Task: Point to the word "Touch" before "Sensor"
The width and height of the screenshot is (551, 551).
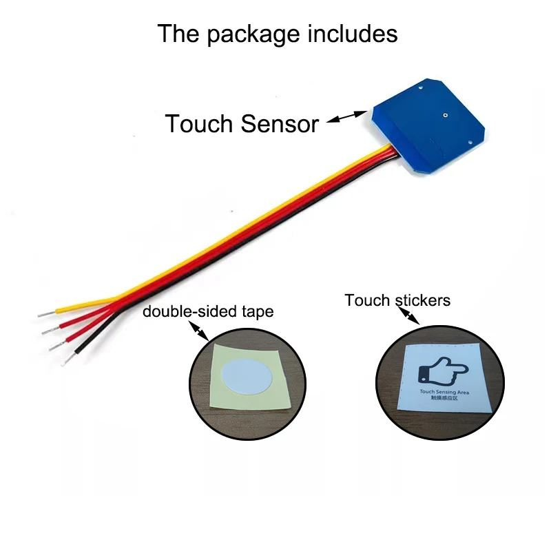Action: pyautogui.click(x=199, y=124)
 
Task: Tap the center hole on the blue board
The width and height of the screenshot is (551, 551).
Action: pyautogui.click(x=446, y=116)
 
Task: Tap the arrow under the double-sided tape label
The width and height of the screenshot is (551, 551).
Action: pyautogui.click(x=200, y=333)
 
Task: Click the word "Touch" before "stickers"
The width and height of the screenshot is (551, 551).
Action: pyautogui.click(x=367, y=300)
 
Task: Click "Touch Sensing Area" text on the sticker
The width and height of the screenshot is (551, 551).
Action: pyautogui.click(x=444, y=391)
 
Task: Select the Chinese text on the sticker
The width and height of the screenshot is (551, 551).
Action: pyautogui.click(x=444, y=398)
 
